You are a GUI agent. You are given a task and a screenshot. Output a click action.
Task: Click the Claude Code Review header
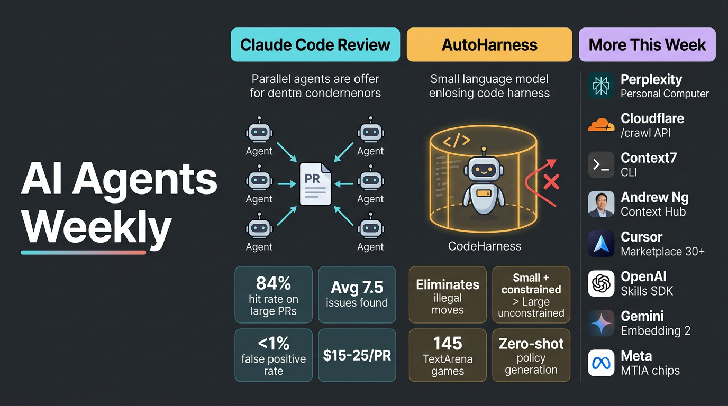click(x=315, y=45)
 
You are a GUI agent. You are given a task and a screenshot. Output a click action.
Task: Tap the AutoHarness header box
click(x=489, y=45)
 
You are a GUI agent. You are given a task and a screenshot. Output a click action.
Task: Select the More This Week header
click(x=647, y=45)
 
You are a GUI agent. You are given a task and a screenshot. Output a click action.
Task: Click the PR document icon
click(x=315, y=184)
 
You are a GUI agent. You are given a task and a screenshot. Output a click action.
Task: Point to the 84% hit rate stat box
click(x=274, y=294)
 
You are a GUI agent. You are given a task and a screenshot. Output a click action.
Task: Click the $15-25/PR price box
click(x=357, y=355)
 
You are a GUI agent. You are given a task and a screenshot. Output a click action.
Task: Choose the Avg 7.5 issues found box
click(x=357, y=294)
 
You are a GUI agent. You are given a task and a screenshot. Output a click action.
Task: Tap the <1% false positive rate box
click(x=274, y=355)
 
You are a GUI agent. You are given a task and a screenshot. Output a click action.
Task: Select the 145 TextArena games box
click(x=448, y=355)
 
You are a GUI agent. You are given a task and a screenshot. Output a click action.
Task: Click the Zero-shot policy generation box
click(x=531, y=355)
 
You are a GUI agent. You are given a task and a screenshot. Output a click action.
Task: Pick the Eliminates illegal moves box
click(x=448, y=294)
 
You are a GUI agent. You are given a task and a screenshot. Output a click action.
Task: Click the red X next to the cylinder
click(x=551, y=182)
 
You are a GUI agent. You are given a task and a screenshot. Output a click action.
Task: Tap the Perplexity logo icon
click(x=601, y=86)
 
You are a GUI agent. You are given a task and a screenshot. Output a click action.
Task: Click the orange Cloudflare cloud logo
click(x=601, y=125)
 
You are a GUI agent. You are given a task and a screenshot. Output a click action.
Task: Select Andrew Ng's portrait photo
click(x=601, y=204)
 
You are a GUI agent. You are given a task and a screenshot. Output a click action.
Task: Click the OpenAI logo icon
click(x=601, y=283)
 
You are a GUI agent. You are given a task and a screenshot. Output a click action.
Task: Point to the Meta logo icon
click(x=601, y=363)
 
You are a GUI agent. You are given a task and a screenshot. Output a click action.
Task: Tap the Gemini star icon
click(x=601, y=323)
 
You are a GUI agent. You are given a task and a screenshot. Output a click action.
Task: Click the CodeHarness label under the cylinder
click(x=485, y=246)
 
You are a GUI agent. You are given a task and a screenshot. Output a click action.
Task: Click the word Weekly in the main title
click(x=96, y=227)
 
